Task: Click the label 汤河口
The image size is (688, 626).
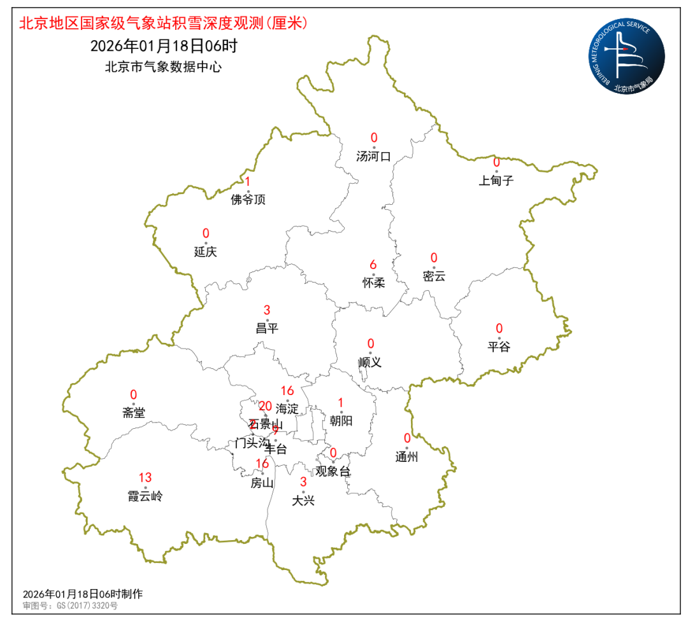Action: coord(374,156)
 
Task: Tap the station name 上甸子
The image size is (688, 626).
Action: coord(496,180)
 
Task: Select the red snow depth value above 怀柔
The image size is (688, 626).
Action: coord(373,265)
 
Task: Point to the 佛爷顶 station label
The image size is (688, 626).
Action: coord(248,200)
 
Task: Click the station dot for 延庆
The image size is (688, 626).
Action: coord(206,242)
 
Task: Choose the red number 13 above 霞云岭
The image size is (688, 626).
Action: coord(145,478)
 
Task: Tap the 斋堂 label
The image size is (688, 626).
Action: coord(134,413)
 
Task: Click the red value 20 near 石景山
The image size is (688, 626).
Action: coord(265,407)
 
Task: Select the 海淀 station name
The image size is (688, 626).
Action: coord(287,409)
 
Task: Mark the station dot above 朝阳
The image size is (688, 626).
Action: coord(341,412)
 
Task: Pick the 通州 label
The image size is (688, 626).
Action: coord(406,456)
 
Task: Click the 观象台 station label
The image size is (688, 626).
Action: coord(333,471)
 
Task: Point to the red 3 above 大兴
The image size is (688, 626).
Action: coord(303,482)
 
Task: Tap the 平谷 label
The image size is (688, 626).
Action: coord(499,347)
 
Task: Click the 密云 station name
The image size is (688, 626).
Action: coord(434,276)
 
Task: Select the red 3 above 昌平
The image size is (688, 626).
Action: coord(267,310)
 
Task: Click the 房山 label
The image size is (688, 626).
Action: coord(262,482)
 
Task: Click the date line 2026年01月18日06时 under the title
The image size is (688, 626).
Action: coord(164,46)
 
